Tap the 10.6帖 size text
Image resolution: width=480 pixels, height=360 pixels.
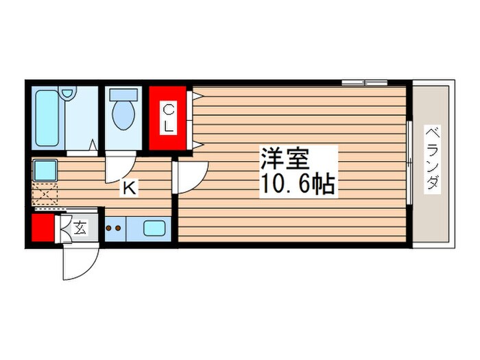point(296,184)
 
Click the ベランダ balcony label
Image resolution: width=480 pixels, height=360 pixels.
point(431,159)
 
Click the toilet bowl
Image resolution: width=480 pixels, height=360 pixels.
point(123,113)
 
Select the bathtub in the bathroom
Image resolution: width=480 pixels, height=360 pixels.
point(47,119)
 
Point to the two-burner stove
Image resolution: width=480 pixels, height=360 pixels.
point(114,228)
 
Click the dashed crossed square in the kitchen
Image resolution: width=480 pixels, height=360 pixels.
point(44,195)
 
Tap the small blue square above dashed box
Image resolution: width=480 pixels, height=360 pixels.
point(45,169)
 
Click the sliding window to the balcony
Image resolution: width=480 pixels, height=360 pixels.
point(409,163)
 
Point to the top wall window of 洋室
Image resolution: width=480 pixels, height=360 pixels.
point(364,83)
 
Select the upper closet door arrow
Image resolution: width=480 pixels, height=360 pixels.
point(197,97)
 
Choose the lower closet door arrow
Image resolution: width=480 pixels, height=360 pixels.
point(197,144)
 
